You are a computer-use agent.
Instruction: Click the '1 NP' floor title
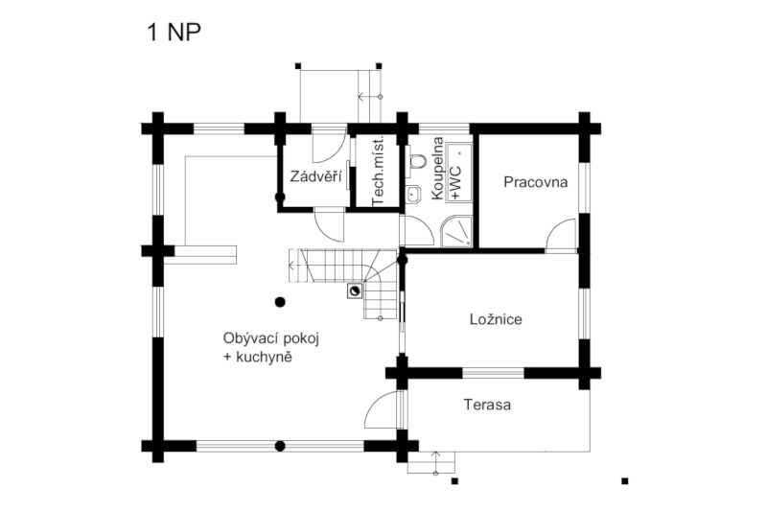click(174, 33)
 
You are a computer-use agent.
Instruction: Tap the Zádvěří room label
click(315, 176)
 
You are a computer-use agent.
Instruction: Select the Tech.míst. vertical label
click(378, 172)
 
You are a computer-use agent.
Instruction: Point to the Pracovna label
click(536, 182)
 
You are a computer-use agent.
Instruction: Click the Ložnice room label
click(496, 319)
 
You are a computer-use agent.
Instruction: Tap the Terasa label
click(487, 405)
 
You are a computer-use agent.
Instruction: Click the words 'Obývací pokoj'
click(271, 338)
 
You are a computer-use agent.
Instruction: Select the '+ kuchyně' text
click(257, 358)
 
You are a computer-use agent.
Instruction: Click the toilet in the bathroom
click(417, 160)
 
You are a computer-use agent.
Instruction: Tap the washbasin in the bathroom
click(414, 194)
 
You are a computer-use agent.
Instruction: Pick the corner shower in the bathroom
click(456, 232)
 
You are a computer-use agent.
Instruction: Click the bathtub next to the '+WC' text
click(459, 173)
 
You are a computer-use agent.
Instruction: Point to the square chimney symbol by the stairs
click(355, 291)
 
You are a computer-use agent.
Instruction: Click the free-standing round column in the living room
click(280, 302)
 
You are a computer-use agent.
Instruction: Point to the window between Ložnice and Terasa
click(493, 373)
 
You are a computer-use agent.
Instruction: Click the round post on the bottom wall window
click(280, 446)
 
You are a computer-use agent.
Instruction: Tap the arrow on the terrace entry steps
click(436, 462)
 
